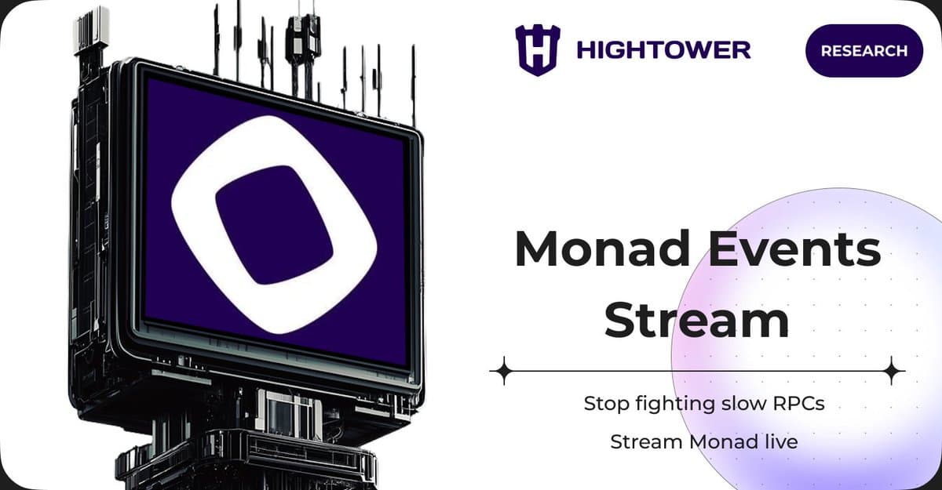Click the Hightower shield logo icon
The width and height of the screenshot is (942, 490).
[538, 50]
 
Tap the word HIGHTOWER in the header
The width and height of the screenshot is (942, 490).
[663, 50]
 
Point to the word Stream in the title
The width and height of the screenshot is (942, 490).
[697, 321]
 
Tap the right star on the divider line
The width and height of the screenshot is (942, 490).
[893, 370]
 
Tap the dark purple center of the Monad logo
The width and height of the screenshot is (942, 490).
[274, 224]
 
